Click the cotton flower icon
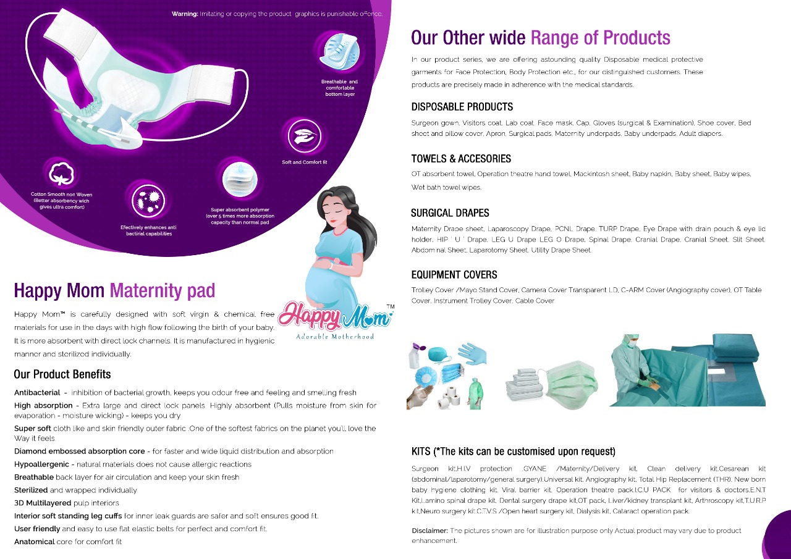point(61,174)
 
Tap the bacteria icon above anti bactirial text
point(149,201)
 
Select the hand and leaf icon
point(304,137)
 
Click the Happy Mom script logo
point(335,316)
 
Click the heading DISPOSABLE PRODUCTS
point(462,107)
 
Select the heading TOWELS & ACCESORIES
point(461,159)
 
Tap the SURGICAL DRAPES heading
point(450,213)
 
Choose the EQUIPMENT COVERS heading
point(454,275)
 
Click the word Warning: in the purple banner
point(185,14)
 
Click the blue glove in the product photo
point(473,353)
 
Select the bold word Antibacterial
point(37,392)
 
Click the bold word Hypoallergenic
point(41,464)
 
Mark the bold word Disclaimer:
point(429,531)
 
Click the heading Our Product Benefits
point(62,374)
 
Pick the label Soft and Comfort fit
point(305,162)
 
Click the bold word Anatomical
point(34,542)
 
